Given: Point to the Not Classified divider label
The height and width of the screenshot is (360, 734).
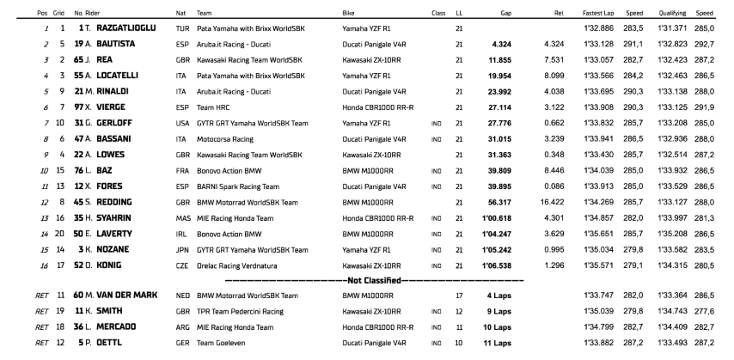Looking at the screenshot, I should pos(373,280).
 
